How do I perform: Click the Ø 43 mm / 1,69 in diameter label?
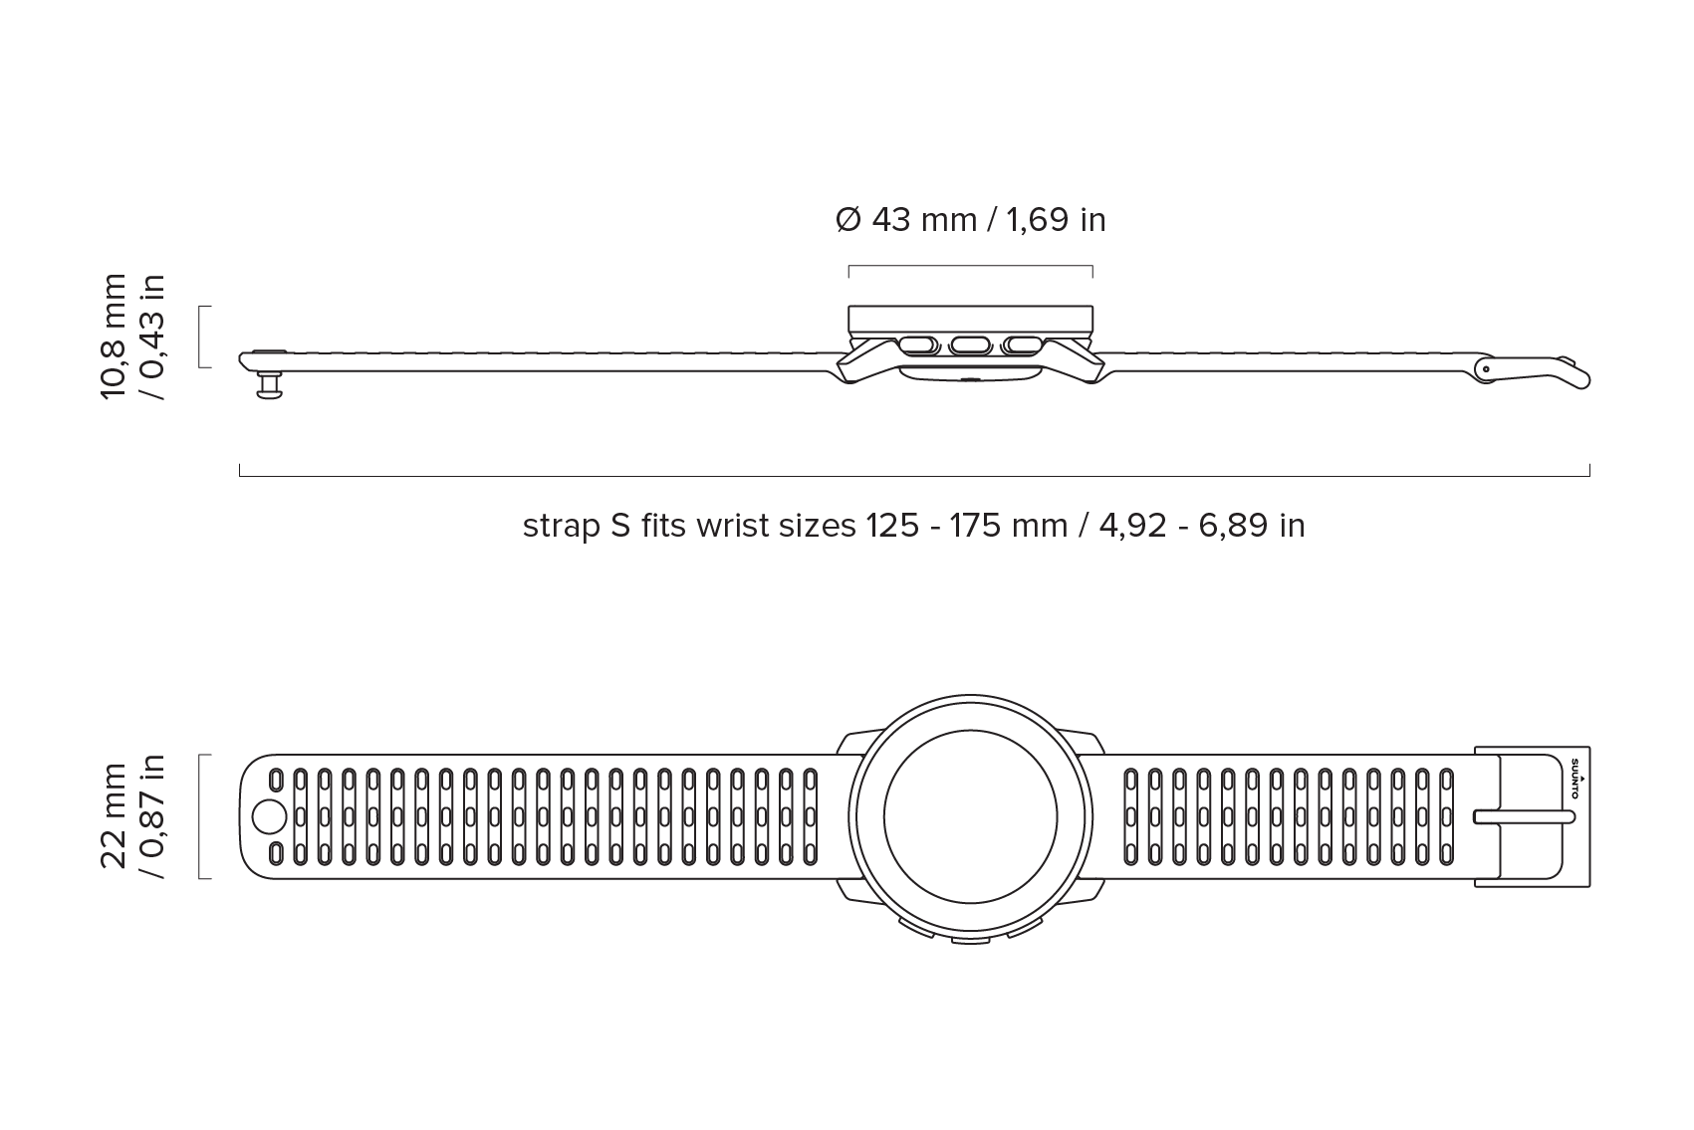click(x=970, y=220)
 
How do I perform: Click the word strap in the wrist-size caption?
click(x=561, y=526)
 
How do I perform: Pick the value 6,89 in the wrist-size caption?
click(x=1233, y=526)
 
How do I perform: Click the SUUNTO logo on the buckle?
click(x=1574, y=778)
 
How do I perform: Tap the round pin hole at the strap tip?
click(x=269, y=817)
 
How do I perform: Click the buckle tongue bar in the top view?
click(x=1524, y=817)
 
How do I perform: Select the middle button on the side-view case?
click(x=970, y=345)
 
